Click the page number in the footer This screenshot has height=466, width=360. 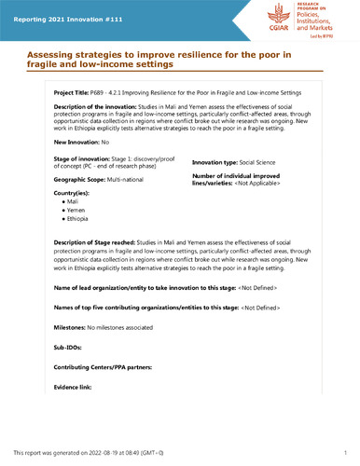pos(345,451)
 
